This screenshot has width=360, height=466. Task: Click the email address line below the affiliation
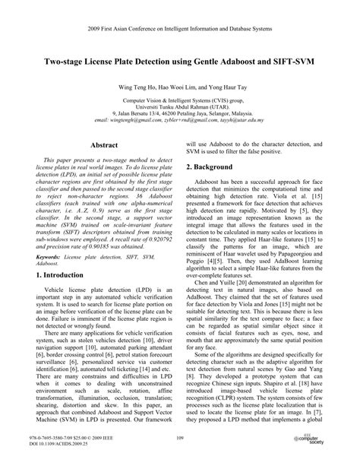click(x=179, y=120)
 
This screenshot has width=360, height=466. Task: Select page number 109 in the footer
click(x=180, y=437)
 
